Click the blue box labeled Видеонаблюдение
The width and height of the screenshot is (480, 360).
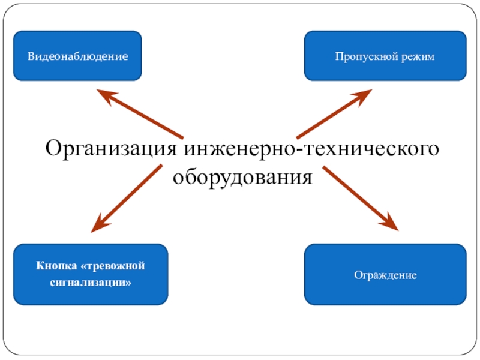coord(77,56)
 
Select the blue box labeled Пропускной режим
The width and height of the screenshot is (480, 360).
coord(385,56)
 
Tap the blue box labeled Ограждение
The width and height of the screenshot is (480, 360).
coord(385,275)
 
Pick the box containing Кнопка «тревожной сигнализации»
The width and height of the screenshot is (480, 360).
coord(91,274)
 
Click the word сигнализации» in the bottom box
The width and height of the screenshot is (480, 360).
coord(91,281)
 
